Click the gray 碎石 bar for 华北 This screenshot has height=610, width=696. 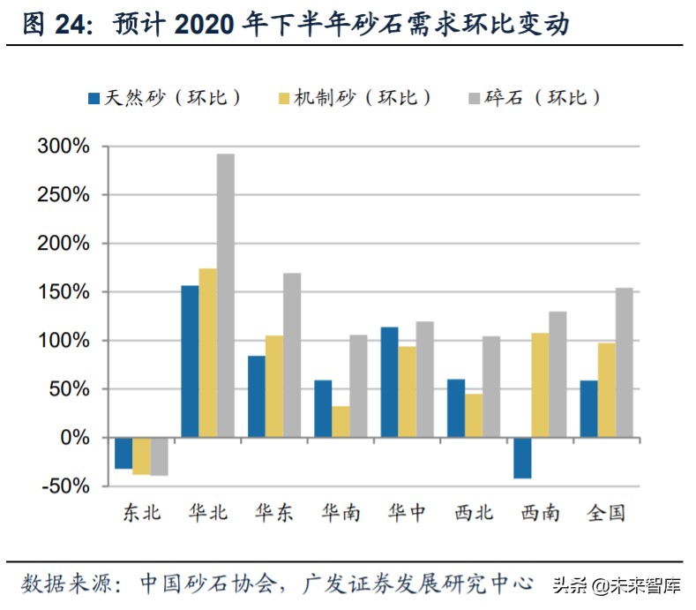click(x=226, y=295)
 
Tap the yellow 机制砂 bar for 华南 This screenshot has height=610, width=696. click(x=341, y=409)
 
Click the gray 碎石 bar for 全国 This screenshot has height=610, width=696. click(x=625, y=362)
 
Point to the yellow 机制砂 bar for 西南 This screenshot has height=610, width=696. click(x=540, y=385)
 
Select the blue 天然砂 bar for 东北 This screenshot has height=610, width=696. click(x=123, y=453)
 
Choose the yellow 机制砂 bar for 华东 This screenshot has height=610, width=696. click(x=274, y=386)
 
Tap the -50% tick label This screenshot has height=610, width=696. click(x=64, y=486)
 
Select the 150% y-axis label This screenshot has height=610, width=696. click(x=64, y=292)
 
